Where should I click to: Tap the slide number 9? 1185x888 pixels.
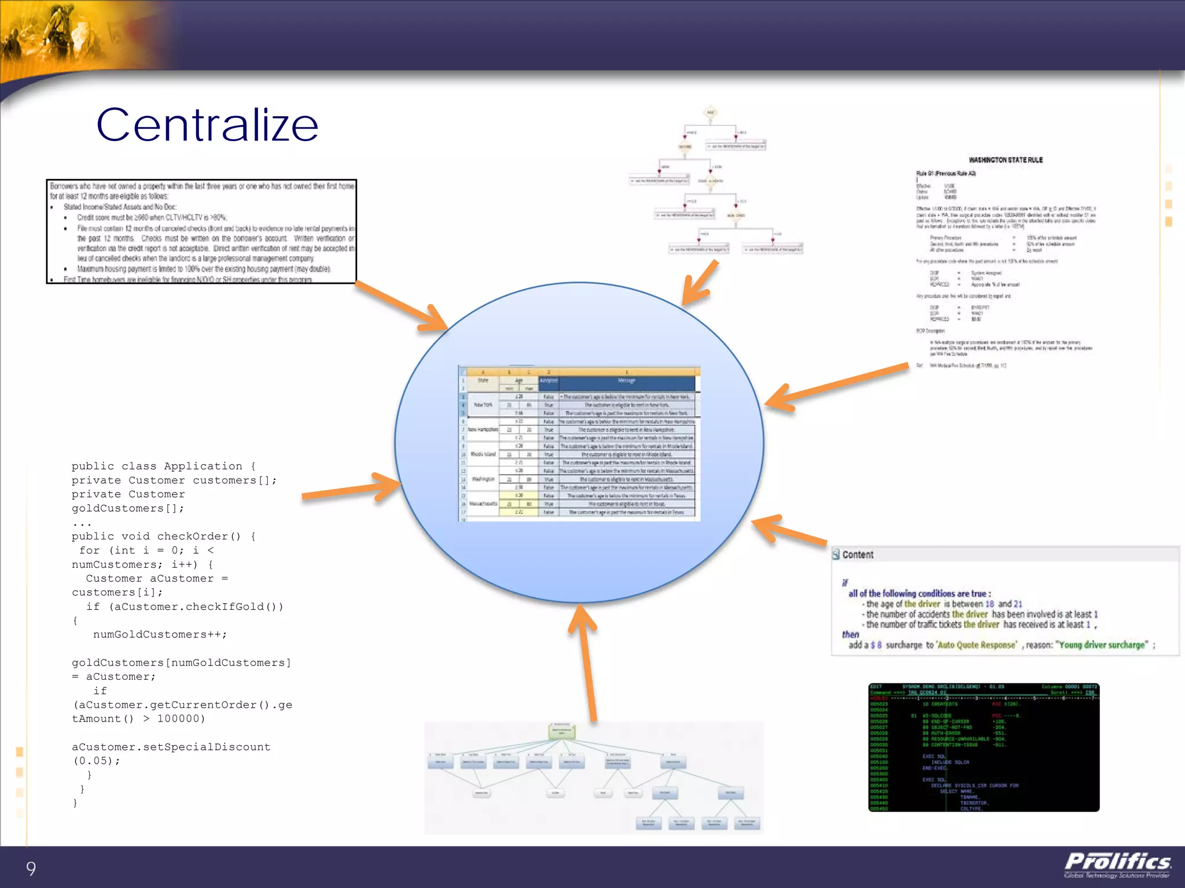pos(31,868)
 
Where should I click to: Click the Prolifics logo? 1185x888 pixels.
pos(1117,864)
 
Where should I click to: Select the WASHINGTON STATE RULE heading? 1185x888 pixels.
pos(1006,160)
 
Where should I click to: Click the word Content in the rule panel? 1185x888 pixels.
pos(858,555)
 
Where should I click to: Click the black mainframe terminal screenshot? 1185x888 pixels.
pos(984,747)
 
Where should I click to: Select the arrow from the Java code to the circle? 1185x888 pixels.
pos(353,489)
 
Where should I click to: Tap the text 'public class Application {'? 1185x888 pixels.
pos(163,466)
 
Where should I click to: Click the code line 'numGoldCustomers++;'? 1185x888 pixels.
pos(160,635)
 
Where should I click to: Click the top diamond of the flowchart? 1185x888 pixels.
pos(711,112)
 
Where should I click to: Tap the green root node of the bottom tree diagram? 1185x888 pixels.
pos(561,731)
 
